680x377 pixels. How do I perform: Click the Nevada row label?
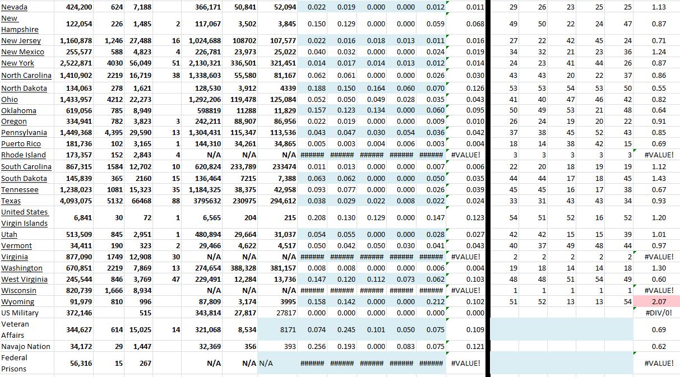click(x=15, y=7)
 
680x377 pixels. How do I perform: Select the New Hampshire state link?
click(x=20, y=24)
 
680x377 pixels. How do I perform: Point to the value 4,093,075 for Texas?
click(x=73, y=201)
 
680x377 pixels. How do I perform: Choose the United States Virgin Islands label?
click(x=25, y=217)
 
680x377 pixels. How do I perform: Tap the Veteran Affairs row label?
click(x=16, y=329)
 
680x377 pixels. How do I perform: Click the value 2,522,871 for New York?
click(x=73, y=63)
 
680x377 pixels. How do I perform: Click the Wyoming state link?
click(x=18, y=301)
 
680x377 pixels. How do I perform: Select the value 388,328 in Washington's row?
click(x=240, y=268)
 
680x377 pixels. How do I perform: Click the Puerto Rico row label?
click(x=21, y=144)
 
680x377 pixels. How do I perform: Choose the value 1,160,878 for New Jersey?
click(x=73, y=41)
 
